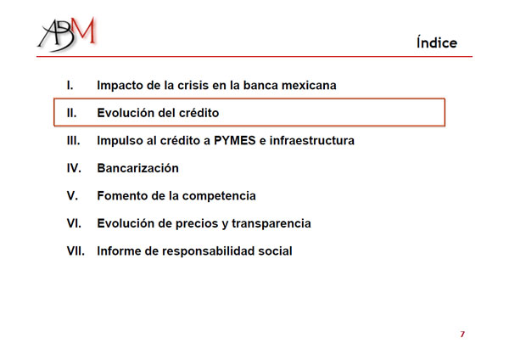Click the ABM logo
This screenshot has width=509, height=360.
click(x=67, y=34)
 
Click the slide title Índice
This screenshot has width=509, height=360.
click(x=437, y=42)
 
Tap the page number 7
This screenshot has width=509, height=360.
click(x=462, y=334)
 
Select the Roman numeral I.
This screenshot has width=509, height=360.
click(x=70, y=85)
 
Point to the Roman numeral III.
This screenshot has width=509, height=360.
click(x=73, y=140)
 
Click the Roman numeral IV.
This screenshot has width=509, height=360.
click(x=74, y=168)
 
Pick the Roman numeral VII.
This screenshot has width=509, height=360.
click(x=76, y=250)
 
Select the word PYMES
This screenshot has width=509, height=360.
click(x=235, y=140)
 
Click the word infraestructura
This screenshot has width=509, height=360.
click(x=312, y=140)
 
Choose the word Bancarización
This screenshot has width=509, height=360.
click(x=138, y=168)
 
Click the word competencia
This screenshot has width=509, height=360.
click(x=219, y=196)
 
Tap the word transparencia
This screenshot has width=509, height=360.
click(x=271, y=224)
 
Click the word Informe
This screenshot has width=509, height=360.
click(x=119, y=250)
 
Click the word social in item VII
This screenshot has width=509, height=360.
click(x=275, y=250)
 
